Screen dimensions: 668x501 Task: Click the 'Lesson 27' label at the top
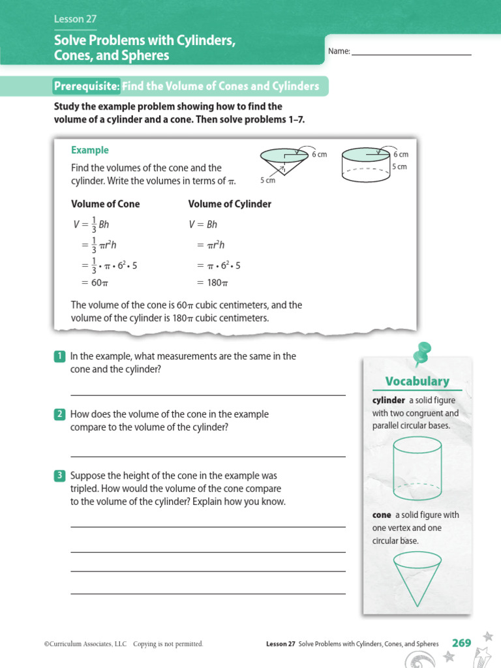pos(75,20)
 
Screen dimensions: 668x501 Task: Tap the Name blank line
pos(411,53)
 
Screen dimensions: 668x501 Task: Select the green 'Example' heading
pos(90,150)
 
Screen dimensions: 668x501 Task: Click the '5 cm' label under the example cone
pos(267,180)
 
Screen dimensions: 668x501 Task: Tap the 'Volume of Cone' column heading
pos(105,204)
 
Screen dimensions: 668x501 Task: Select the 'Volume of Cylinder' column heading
pos(230,204)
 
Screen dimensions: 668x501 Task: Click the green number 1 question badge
pos(59,356)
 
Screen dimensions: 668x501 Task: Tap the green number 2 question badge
pos(59,414)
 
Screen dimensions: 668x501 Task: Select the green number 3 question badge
pos(59,476)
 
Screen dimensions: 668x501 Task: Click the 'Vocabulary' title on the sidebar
pos(417,381)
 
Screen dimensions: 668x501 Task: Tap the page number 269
pos(461,643)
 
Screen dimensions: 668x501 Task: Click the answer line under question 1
pos(207,395)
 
